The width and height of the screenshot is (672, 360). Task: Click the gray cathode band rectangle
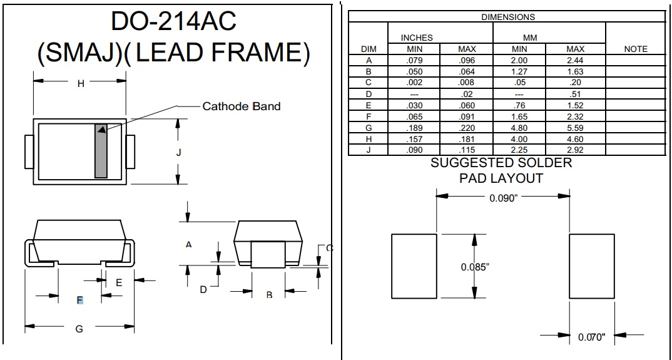point(101,151)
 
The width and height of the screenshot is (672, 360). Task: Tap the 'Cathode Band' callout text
point(242,106)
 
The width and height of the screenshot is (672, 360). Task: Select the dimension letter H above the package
point(80,84)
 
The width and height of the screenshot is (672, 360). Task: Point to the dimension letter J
point(178,153)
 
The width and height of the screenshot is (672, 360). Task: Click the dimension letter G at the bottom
point(79,329)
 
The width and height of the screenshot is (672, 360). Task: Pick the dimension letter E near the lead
point(119,282)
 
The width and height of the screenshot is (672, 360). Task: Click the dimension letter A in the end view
point(188,245)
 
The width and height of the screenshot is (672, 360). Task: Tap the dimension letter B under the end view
point(269,295)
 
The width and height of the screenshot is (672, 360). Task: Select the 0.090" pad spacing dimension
point(503,198)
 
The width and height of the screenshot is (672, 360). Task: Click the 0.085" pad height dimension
point(474,267)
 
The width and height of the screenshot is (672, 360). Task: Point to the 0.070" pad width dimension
point(591,337)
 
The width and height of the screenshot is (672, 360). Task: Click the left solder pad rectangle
point(414,266)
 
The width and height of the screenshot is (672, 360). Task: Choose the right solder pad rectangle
point(591,266)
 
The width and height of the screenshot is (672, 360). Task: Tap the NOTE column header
point(636,49)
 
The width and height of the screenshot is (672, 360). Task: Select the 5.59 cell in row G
point(575,128)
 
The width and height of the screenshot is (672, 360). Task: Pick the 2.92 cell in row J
point(575,150)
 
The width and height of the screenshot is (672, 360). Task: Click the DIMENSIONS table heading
point(508,17)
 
